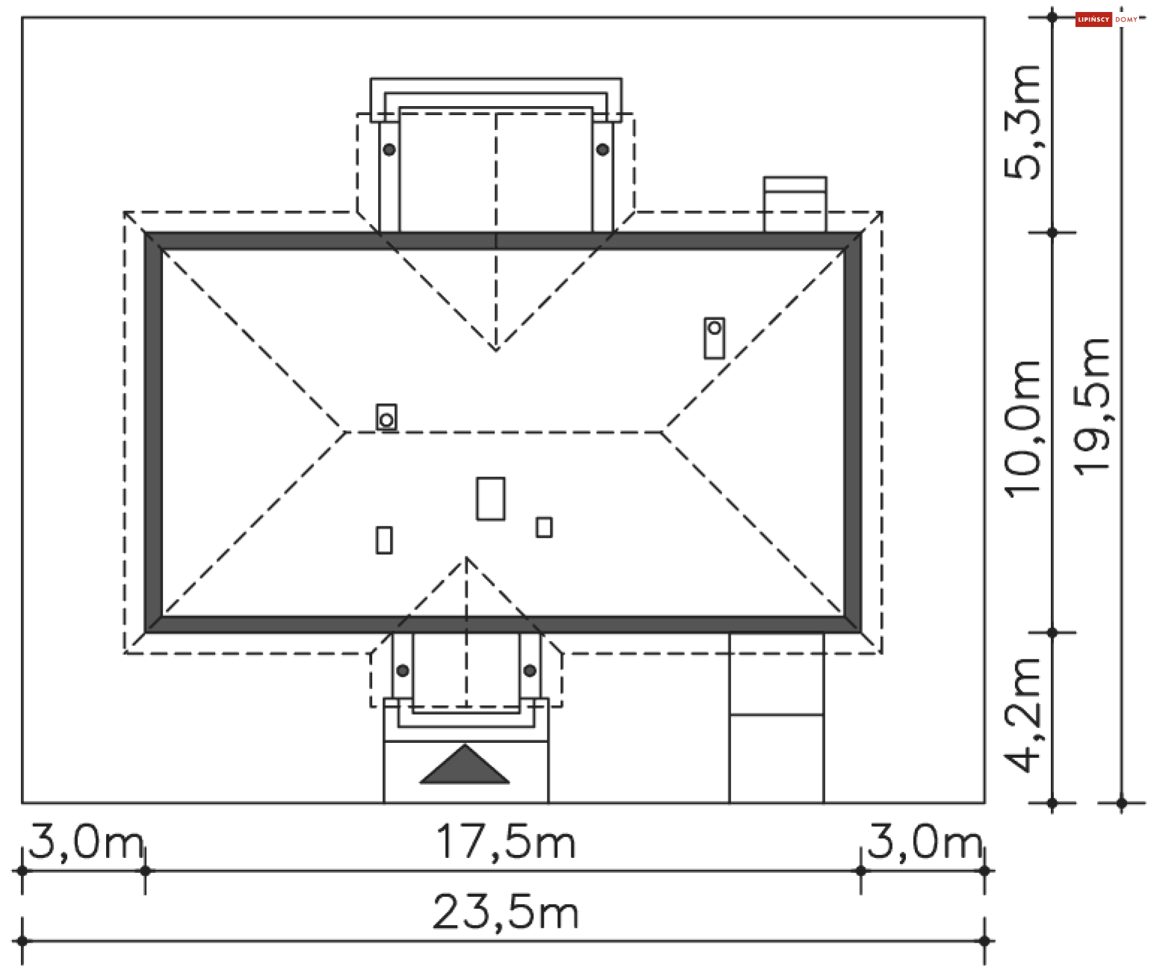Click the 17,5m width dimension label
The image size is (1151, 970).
pyautogui.click(x=505, y=843)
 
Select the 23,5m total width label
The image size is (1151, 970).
pyautogui.click(x=505, y=913)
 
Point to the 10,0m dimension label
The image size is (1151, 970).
pyautogui.click(x=1023, y=429)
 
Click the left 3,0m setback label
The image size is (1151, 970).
pyautogui.click(x=86, y=842)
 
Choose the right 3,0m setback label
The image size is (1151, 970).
pyautogui.click(x=924, y=842)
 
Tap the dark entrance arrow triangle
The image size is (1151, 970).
pyautogui.click(x=465, y=767)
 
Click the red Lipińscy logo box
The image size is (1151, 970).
pyautogui.click(x=1093, y=20)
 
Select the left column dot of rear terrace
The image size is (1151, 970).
pyautogui.click(x=389, y=149)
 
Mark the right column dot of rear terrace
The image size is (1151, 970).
pyautogui.click(x=602, y=149)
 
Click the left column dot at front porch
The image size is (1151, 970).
pyautogui.click(x=403, y=670)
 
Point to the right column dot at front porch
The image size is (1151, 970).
pyautogui.click(x=530, y=670)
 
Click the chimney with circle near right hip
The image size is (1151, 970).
pyautogui.click(x=714, y=338)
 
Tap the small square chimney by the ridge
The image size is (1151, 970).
pyautogui.click(x=386, y=417)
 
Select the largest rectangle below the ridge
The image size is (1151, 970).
pyautogui.click(x=490, y=498)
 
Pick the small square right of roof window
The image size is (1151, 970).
pyautogui.click(x=544, y=528)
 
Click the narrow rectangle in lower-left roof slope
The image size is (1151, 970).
pyautogui.click(x=384, y=540)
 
